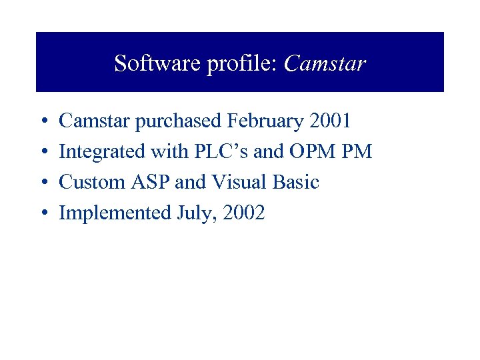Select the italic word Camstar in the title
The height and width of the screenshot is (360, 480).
pos(325,63)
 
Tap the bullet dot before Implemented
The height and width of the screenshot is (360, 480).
pos(43,214)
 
